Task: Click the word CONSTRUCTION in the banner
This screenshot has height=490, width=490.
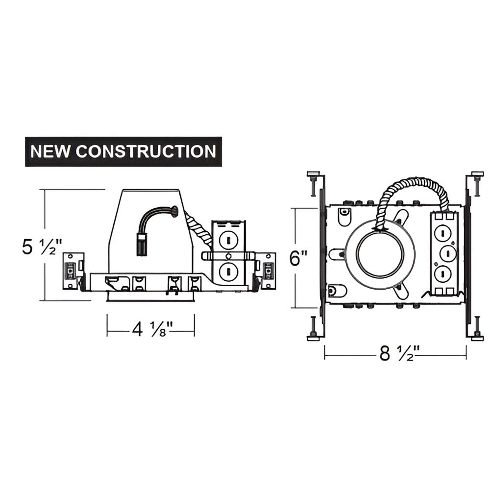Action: tap(146, 151)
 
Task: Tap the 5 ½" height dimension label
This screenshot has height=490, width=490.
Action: tap(42, 246)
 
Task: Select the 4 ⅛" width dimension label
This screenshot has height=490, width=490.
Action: tap(150, 330)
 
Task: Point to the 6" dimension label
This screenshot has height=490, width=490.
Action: tap(298, 258)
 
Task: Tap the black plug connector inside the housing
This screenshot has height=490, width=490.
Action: tap(142, 244)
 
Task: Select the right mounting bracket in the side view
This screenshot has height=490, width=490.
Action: tap(267, 270)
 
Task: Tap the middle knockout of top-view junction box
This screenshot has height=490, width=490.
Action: tap(446, 254)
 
